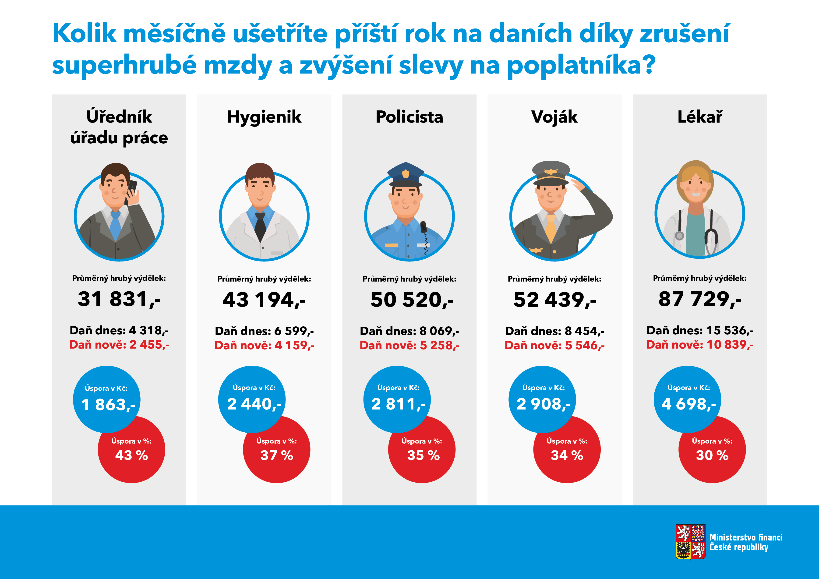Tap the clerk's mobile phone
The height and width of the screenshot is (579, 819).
click(131, 189)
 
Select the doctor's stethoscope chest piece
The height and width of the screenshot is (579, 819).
click(680, 236)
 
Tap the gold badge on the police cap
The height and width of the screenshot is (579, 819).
click(406, 174)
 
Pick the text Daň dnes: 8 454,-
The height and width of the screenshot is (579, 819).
click(554, 331)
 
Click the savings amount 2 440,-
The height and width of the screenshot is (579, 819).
click(254, 404)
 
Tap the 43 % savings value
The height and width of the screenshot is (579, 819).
click(131, 455)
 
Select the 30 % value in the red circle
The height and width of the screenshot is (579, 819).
click(712, 455)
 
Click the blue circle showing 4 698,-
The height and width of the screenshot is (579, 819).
click(687, 399)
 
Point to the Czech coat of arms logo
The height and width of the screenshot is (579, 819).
click(690, 542)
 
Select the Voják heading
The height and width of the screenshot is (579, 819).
click(554, 117)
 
